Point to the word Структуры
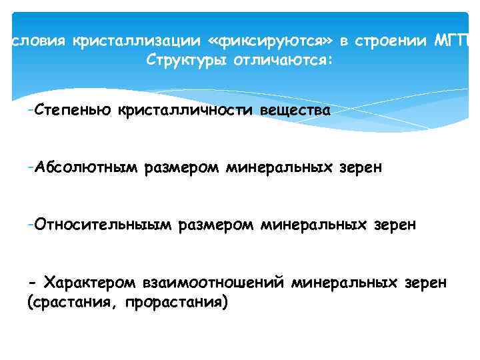[x=181, y=61]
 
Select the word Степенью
[x=74, y=109]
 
